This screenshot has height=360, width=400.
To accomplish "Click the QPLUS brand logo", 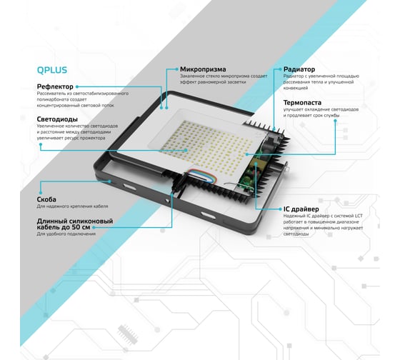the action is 52,70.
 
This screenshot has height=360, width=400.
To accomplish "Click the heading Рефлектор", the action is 55,86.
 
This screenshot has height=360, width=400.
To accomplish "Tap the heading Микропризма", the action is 203,69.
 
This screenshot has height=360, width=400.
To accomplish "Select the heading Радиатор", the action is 299,69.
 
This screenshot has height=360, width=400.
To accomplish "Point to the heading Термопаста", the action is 302,103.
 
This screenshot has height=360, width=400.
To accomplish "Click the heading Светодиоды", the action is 57,119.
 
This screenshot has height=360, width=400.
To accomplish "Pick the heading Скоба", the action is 46,199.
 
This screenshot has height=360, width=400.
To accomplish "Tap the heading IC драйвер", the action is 301,209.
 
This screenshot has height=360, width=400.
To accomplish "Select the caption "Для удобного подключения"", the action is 66,234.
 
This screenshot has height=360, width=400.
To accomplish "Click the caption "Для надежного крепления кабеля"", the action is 72,206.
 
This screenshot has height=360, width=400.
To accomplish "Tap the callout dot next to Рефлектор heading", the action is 77,86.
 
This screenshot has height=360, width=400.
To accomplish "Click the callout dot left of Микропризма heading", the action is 177,69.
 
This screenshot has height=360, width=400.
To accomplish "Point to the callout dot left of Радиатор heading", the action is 280,69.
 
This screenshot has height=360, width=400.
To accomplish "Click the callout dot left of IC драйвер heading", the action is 280,209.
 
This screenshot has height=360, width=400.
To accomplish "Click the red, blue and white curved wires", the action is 203,176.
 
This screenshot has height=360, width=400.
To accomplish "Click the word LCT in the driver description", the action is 359,216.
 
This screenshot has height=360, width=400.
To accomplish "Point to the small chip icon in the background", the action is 128,334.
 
